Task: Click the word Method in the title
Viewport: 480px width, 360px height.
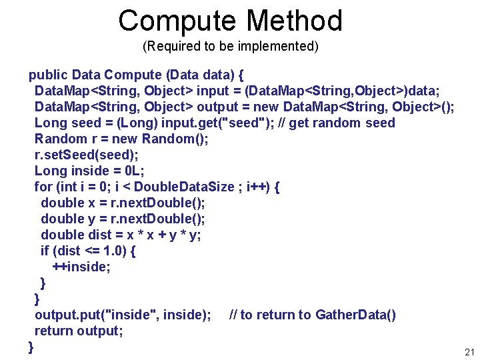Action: pos(295,21)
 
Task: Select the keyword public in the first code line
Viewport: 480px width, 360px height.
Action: pos(48,75)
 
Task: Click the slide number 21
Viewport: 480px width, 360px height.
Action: pos(469,352)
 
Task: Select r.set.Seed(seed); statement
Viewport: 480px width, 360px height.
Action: pos(85,155)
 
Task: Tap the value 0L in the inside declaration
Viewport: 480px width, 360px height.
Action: pos(132,171)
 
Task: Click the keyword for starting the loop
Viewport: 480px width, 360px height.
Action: pos(43,187)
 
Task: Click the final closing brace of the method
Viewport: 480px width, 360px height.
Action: pos(31,347)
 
